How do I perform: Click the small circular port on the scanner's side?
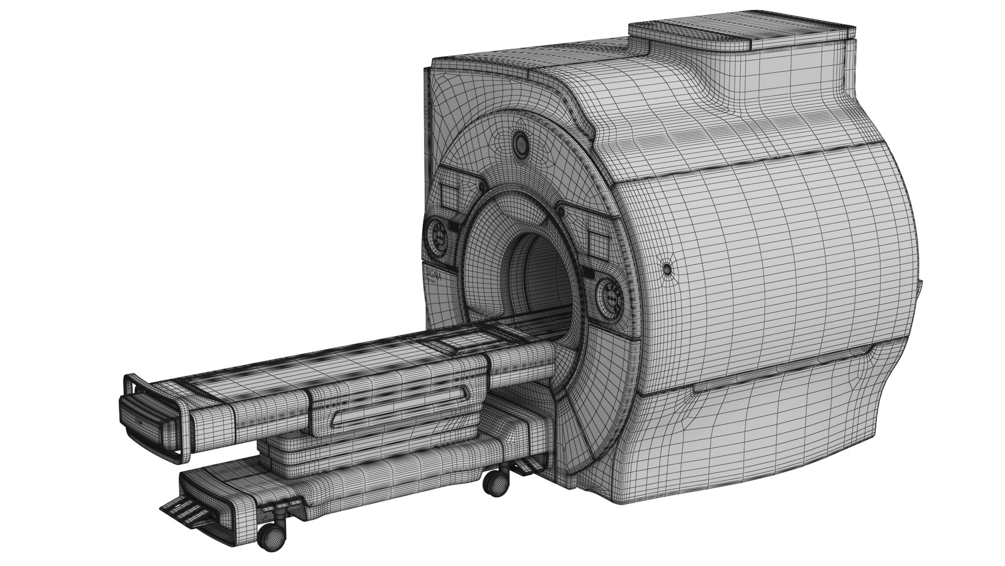pos(667,269)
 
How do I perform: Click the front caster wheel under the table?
pos(271,538)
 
